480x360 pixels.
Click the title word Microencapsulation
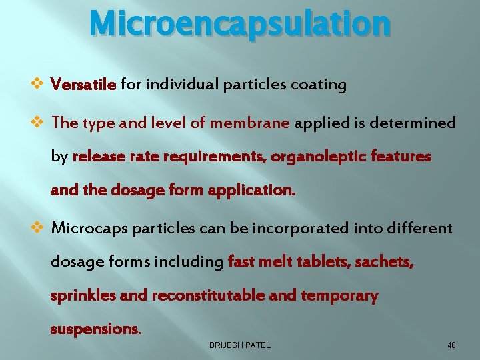coord(240,23)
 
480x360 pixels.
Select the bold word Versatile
coord(84,85)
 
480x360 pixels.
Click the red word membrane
coord(250,123)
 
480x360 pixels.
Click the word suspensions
coord(95,329)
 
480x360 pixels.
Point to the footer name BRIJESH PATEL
coord(240,345)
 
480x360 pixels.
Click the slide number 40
coord(451,345)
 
